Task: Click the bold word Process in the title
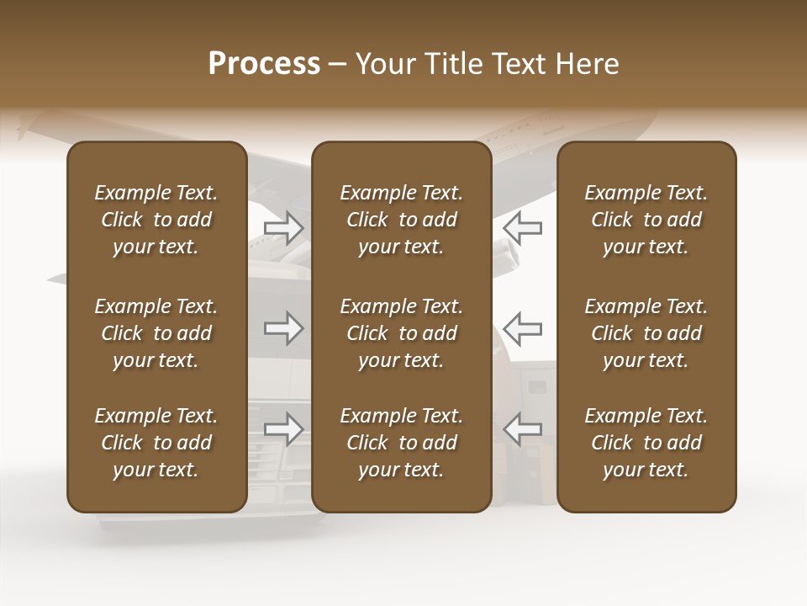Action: (x=264, y=64)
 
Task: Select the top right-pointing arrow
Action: (x=284, y=227)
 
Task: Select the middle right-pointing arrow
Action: (x=284, y=328)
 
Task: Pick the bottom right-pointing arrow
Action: (x=284, y=429)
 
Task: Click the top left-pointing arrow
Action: (x=523, y=227)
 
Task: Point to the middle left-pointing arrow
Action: (x=523, y=328)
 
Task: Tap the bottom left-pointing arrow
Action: (x=523, y=429)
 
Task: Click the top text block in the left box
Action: (x=156, y=220)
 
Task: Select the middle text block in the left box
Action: (x=156, y=333)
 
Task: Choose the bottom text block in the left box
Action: (x=156, y=443)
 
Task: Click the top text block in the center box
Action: (x=402, y=220)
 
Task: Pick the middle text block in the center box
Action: (x=402, y=333)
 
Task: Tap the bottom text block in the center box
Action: (x=402, y=443)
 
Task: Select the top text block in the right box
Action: (x=646, y=220)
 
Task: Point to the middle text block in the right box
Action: (x=646, y=333)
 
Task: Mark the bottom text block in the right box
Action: (x=646, y=443)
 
